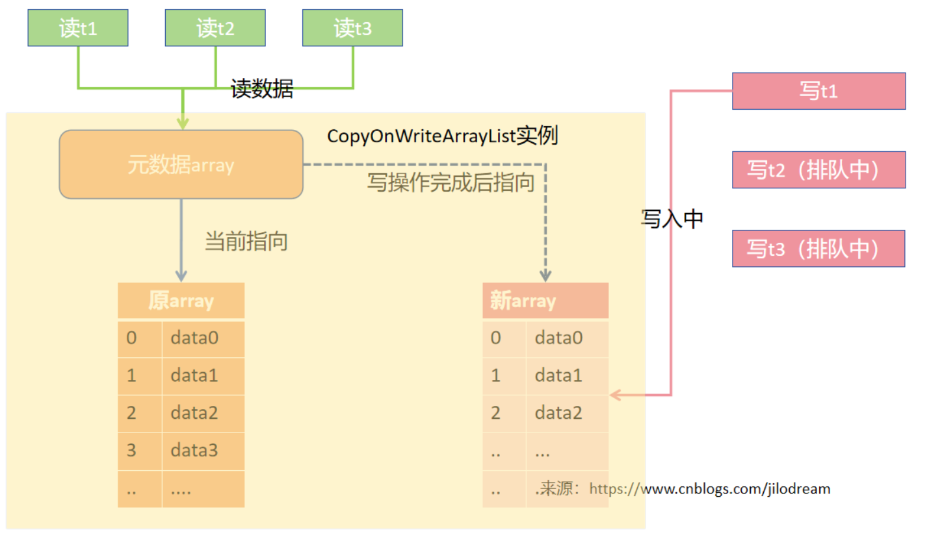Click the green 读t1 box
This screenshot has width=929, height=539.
[x=78, y=28]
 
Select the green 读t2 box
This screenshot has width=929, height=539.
[x=215, y=28]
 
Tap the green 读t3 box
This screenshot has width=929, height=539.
[x=352, y=28]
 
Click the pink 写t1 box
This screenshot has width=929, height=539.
[x=818, y=91]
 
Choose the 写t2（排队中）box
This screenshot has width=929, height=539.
[x=818, y=170]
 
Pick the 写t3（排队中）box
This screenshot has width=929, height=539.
[x=818, y=249]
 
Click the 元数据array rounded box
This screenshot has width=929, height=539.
[x=181, y=165]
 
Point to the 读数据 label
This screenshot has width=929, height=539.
[x=262, y=89]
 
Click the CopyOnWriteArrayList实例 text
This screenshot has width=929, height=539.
[x=442, y=136]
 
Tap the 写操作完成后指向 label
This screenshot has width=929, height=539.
[x=451, y=182]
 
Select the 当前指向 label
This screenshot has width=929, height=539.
[x=246, y=242]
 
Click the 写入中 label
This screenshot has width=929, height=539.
[x=672, y=219]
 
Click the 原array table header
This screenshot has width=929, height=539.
[x=181, y=301]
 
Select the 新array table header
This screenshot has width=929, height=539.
[x=545, y=301]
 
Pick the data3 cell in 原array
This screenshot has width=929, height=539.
[x=203, y=450]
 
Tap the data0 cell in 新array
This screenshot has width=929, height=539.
[x=567, y=338]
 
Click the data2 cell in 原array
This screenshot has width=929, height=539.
[x=203, y=412]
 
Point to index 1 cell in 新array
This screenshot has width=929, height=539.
[x=496, y=375]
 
